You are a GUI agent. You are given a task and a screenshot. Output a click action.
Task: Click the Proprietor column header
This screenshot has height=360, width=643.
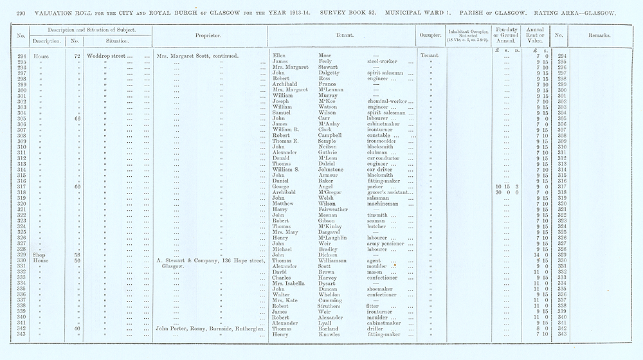click(210, 35)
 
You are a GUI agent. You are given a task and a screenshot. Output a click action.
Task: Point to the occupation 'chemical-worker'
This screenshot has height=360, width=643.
click(388, 102)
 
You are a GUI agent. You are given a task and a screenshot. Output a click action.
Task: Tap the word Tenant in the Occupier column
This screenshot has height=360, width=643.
click(428, 56)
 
